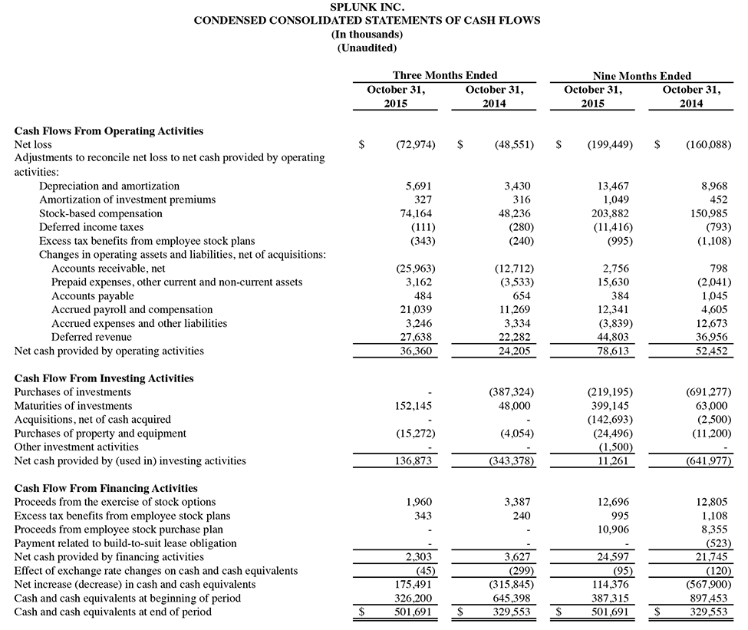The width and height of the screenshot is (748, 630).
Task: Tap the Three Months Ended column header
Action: (x=445, y=75)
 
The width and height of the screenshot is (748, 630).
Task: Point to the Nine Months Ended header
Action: (x=641, y=76)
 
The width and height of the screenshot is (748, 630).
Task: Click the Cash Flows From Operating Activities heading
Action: (x=109, y=131)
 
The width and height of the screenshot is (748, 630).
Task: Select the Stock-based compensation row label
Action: (x=101, y=213)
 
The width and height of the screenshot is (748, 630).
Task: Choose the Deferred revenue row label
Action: (x=91, y=337)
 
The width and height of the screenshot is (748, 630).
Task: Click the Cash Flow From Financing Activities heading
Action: (x=106, y=488)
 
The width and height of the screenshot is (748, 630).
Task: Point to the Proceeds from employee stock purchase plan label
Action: (x=119, y=529)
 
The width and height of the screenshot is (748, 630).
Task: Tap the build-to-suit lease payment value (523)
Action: (x=718, y=543)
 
